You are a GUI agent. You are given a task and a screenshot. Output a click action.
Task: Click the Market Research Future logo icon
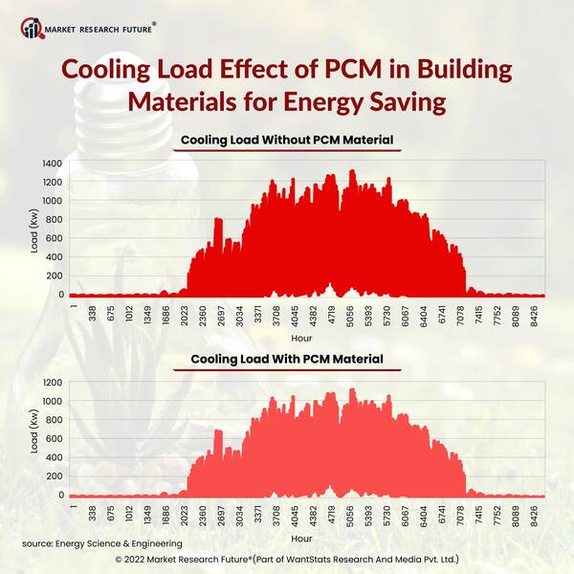click(x=32, y=26)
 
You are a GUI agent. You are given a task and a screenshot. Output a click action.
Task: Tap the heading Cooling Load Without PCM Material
click(x=287, y=141)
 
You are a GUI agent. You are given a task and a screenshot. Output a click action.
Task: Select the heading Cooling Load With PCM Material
click(x=287, y=359)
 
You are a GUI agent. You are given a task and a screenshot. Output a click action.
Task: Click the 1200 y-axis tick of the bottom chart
click(x=53, y=384)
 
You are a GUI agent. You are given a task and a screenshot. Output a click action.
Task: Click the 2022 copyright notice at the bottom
click(x=287, y=558)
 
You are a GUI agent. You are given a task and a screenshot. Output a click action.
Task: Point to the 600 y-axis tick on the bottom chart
click(x=55, y=440)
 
